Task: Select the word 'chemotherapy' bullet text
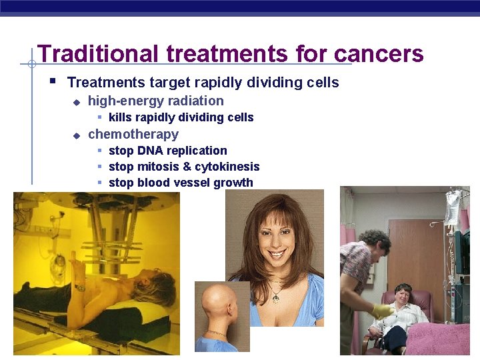pyautogui.click(x=133, y=134)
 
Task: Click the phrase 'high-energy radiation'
pyautogui.click(x=156, y=101)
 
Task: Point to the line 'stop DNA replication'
pyautogui.click(x=167, y=151)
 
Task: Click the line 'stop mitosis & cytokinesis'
pyautogui.click(x=184, y=167)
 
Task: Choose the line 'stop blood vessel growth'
pyautogui.click(x=181, y=183)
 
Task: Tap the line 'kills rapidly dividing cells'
pyautogui.click(x=181, y=117)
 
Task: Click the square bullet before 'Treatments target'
pyautogui.click(x=53, y=82)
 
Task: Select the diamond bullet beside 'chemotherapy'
pyautogui.click(x=77, y=135)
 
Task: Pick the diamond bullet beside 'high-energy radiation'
pyautogui.click(x=77, y=102)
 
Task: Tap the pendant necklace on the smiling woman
pyautogui.click(x=275, y=298)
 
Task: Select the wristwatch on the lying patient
pyautogui.click(x=80, y=288)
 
